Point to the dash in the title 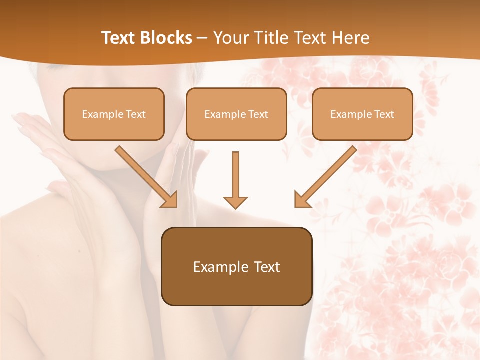[202, 38]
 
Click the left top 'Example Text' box [114, 114]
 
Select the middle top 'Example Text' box [236, 114]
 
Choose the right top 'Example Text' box [362, 114]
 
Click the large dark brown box [236, 266]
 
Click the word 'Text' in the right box [384, 114]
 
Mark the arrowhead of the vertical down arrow [235, 202]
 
